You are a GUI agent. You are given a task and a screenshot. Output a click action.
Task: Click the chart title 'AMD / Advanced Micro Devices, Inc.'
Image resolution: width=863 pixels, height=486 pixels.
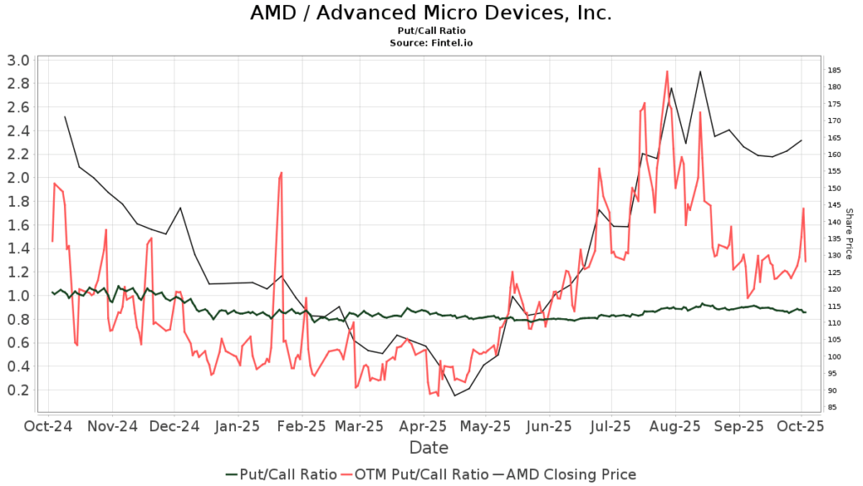coord(431,13)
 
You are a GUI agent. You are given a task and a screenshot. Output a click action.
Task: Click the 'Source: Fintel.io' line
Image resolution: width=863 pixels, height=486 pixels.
coord(431,42)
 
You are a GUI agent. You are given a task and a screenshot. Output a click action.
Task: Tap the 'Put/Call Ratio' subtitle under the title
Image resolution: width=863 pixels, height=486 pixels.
coord(431,30)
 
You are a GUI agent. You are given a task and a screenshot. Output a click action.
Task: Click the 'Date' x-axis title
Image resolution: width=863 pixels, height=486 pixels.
coord(429,448)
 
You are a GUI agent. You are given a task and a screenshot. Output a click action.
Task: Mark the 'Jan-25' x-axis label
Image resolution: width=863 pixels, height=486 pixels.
coord(238,427)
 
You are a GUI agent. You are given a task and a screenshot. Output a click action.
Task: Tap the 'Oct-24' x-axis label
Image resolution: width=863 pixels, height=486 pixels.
coord(48,427)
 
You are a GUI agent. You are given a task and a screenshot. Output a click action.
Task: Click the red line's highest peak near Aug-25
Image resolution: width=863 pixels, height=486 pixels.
coord(667,72)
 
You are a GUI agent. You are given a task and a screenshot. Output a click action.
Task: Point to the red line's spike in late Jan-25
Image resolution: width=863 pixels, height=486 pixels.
coord(281,173)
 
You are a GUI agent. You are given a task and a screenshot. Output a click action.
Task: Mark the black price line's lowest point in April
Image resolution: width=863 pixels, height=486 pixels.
coord(454,396)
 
